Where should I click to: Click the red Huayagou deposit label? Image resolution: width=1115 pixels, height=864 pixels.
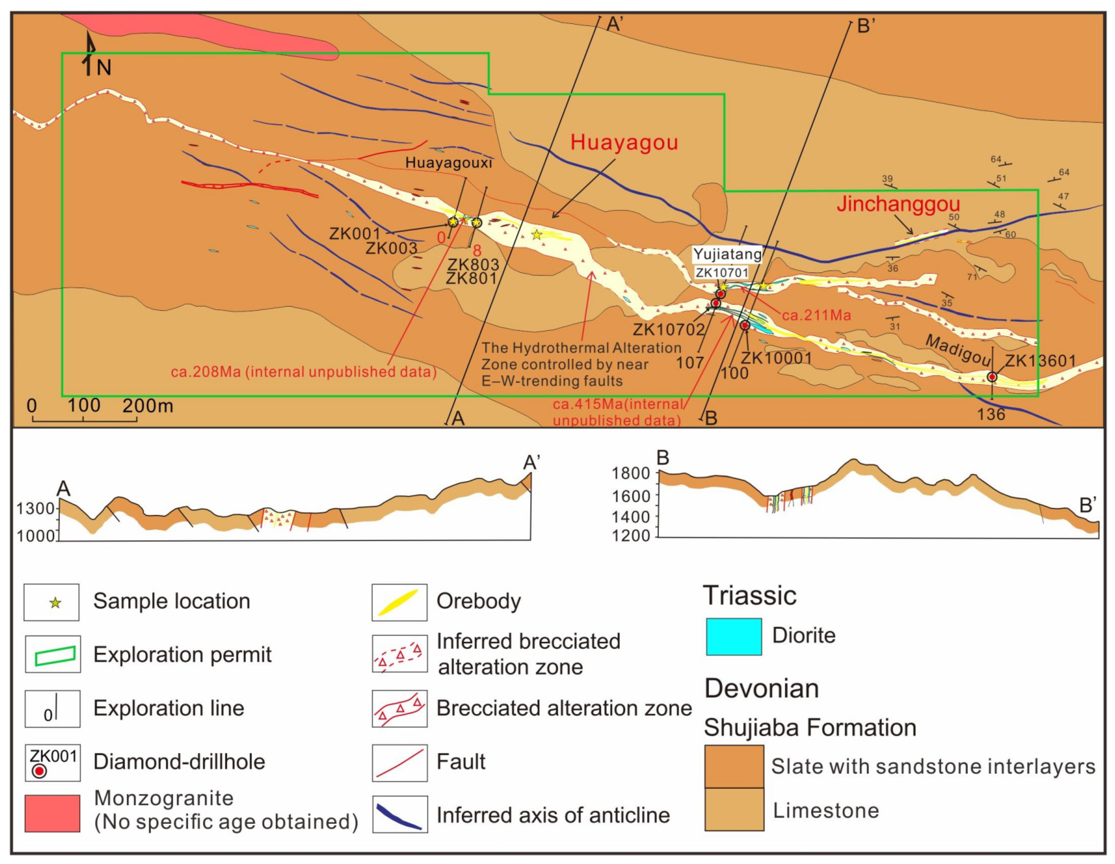point(624,142)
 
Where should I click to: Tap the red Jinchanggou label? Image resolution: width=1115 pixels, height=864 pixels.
point(898,204)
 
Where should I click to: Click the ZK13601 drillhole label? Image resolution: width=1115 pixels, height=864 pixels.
point(1040,361)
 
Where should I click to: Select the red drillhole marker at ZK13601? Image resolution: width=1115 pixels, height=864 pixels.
point(992,377)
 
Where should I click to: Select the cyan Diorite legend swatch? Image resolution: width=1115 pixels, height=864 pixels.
point(734,636)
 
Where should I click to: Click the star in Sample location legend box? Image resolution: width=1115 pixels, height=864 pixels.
point(55,603)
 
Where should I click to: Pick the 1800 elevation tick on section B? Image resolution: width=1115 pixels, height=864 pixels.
point(631,473)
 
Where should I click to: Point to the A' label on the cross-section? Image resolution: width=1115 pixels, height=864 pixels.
point(532,463)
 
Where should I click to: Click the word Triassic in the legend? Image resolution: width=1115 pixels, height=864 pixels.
point(749,595)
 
